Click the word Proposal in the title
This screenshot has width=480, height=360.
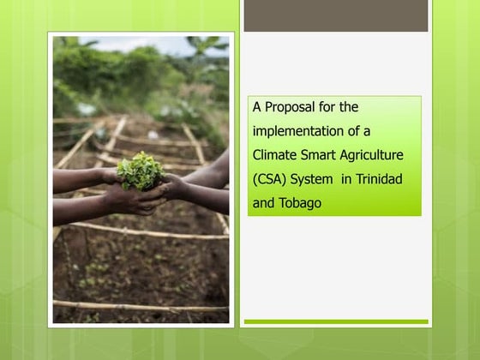[289, 107]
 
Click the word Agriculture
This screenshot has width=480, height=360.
[374, 156]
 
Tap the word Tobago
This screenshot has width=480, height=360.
[300, 204]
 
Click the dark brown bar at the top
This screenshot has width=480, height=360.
[335, 15]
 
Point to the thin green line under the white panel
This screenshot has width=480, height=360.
[335, 322]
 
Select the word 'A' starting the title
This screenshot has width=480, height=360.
[256, 107]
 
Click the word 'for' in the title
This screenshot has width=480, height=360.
[329, 107]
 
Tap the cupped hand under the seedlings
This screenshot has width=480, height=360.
[137, 199]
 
